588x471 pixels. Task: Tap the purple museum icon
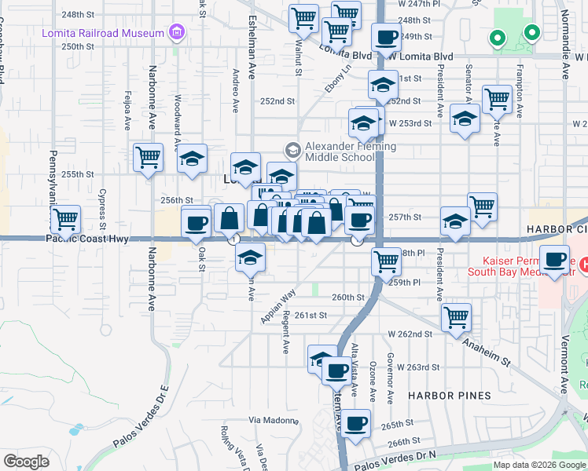coord(176,33)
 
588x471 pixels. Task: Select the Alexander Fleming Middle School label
coord(351,152)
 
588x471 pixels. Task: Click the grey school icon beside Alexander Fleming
coord(293,149)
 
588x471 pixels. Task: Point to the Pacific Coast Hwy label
coord(87,239)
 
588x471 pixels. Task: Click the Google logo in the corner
coord(26,462)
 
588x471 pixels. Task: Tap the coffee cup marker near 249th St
coord(386,38)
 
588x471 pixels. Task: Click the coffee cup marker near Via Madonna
coord(356,422)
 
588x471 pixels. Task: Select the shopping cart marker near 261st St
coord(457,317)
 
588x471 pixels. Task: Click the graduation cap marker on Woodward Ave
coord(192,159)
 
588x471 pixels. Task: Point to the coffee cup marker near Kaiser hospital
coord(556,258)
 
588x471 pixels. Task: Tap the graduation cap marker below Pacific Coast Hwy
coord(250,256)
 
